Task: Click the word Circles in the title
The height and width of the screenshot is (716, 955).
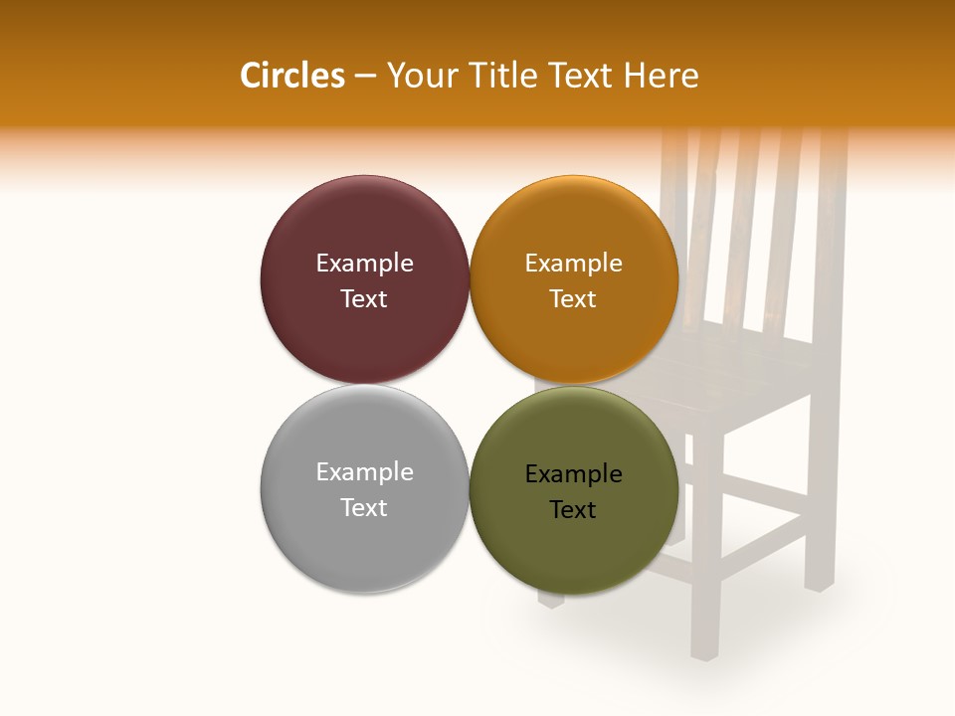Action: click(291, 76)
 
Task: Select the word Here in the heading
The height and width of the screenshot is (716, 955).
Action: click(662, 76)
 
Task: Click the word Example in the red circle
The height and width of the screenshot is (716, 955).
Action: click(364, 264)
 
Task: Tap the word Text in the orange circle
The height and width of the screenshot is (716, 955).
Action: click(573, 298)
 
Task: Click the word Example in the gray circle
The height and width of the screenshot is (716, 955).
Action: click(364, 472)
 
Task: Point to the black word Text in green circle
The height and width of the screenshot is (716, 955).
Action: click(573, 509)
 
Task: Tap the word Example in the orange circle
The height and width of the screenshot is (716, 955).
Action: click(573, 264)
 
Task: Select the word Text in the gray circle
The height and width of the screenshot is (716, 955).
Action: click(364, 507)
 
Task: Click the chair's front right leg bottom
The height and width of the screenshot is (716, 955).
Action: click(704, 651)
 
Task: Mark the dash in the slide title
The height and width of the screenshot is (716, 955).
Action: click(365, 77)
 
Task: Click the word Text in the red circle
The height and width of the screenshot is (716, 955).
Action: click(364, 298)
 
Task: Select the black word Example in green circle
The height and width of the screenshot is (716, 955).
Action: click(573, 474)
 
